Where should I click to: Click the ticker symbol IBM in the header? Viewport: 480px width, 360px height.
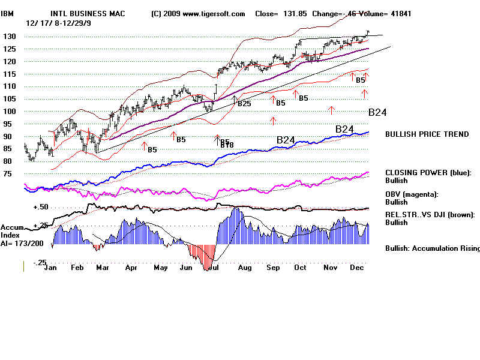tap(7, 14)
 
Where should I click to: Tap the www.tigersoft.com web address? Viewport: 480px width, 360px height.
tap(209, 14)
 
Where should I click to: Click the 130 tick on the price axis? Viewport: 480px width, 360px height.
tap(10, 37)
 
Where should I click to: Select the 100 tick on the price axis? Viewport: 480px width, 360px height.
tap(10, 112)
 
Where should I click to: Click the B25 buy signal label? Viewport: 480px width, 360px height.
tap(244, 104)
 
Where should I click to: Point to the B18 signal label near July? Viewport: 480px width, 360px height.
tap(226, 145)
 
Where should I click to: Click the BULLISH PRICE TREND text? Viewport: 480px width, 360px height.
tap(427, 134)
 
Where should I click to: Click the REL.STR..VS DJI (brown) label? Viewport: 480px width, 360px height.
tap(430, 215)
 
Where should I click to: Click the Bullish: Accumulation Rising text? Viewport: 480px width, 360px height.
tap(432, 248)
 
